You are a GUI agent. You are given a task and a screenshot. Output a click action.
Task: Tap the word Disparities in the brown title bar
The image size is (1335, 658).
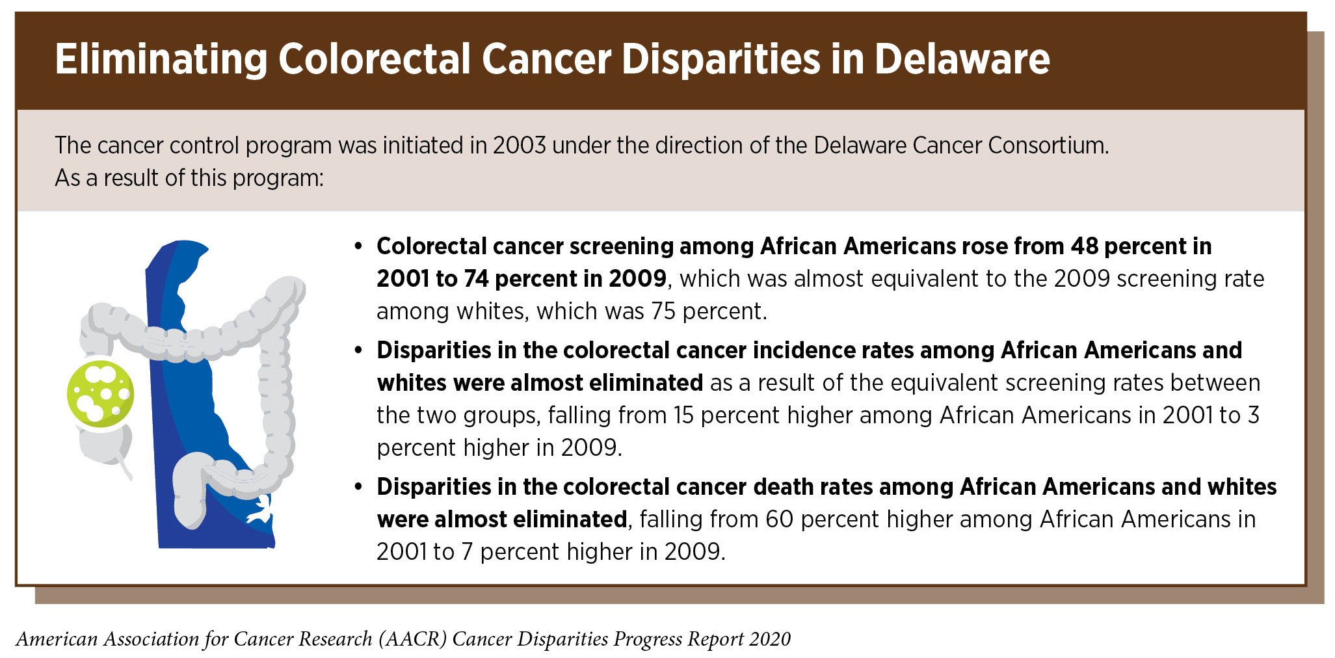point(720,60)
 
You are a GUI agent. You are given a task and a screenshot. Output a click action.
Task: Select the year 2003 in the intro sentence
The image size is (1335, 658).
point(519,145)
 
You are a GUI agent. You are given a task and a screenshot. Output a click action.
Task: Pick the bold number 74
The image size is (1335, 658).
point(476,279)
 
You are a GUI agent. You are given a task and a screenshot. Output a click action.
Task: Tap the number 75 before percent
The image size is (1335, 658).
point(663,311)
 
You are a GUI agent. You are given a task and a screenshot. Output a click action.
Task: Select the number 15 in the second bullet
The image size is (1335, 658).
point(683,415)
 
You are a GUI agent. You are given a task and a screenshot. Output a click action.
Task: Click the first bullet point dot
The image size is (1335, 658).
point(358,247)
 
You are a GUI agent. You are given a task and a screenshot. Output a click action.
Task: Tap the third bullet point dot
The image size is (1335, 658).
point(358,488)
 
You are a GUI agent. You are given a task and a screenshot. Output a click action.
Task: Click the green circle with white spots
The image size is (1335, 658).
point(101,393)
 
